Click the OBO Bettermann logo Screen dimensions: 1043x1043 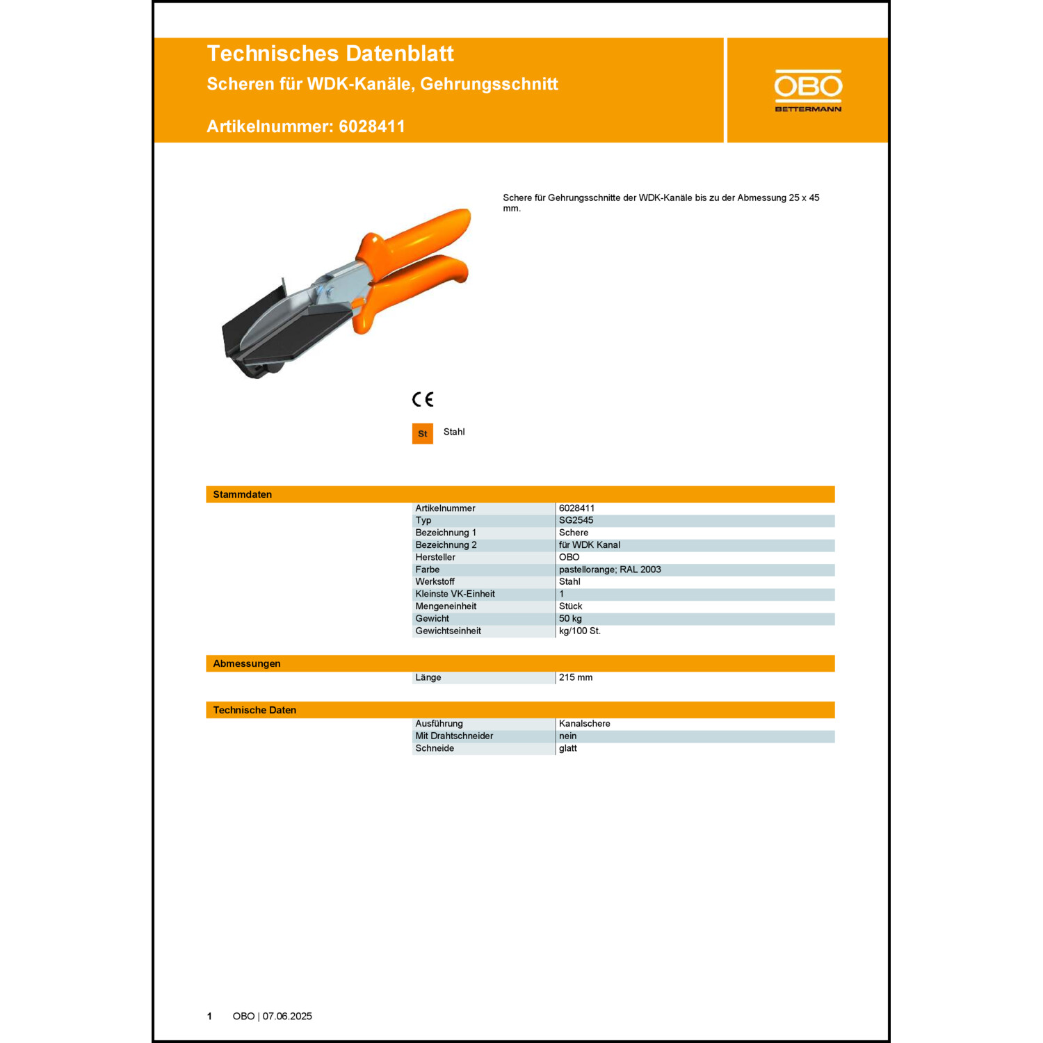(x=808, y=90)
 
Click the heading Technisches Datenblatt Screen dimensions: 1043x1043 (x=330, y=54)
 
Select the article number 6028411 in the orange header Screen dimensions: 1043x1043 (x=371, y=127)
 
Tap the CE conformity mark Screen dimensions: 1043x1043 (x=423, y=399)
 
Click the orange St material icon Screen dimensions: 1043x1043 (x=423, y=433)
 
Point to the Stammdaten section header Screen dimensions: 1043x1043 (x=243, y=494)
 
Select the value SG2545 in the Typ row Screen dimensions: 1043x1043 (x=576, y=520)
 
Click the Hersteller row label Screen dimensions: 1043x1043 (x=435, y=557)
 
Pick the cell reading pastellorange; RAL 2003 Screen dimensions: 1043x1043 (x=610, y=569)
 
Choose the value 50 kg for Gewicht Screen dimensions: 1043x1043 (x=570, y=618)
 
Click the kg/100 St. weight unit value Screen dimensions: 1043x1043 (x=580, y=631)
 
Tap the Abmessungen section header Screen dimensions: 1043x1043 (x=247, y=663)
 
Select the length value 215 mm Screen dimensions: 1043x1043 (x=576, y=677)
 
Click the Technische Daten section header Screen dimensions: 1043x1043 (x=254, y=710)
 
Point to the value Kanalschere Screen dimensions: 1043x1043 (x=585, y=724)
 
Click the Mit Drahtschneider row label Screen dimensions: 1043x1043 (x=454, y=736)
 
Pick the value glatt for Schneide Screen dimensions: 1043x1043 (x=568, y=748)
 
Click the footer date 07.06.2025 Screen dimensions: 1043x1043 (x=287, y=1016)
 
